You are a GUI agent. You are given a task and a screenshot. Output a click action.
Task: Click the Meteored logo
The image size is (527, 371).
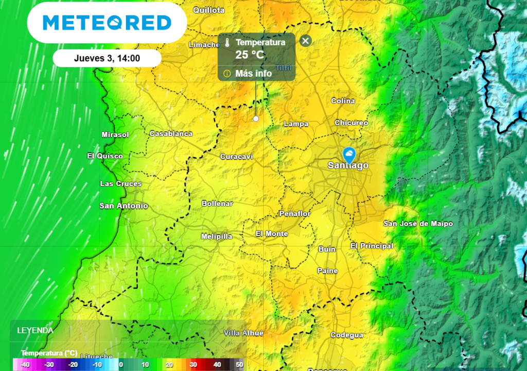click(107, 23)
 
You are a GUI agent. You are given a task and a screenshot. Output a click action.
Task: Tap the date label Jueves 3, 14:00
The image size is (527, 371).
click(107, 58)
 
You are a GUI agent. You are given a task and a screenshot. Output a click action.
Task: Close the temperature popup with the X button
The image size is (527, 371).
click(306, 41)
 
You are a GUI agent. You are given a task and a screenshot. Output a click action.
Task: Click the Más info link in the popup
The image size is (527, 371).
click(253, 73)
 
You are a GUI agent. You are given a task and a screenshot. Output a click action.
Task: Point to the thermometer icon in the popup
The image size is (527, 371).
click(227, 43)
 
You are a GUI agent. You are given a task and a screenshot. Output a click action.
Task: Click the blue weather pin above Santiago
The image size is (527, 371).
click(349, 154)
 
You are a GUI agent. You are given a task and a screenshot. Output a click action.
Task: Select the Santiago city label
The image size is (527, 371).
click(348, 165)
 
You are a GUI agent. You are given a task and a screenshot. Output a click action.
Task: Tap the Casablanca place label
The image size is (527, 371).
click(171, 133)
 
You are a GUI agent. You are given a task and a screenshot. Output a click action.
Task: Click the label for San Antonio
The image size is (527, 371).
click(124, 206)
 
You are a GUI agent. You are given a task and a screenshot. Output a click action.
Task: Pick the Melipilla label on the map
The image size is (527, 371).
click(216, 237)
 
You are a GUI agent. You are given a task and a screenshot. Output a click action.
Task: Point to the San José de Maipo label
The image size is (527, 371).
click(418, 223)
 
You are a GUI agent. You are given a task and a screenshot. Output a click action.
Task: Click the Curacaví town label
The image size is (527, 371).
click(237, 156)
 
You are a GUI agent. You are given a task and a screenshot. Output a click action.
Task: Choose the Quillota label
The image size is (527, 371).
click(208, 10)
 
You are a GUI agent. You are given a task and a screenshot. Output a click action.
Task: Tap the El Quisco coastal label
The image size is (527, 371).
click(105, 156)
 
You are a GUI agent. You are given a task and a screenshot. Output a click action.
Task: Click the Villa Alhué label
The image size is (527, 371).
click(243, 333)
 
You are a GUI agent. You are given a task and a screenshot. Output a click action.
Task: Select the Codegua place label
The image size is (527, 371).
click(347, 335)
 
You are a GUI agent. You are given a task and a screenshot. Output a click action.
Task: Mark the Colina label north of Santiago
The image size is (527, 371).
click(343, 100)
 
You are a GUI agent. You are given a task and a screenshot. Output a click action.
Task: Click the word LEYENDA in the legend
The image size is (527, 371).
click(35, 330)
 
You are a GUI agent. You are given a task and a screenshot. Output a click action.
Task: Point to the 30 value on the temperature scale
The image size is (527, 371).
click(193, 365)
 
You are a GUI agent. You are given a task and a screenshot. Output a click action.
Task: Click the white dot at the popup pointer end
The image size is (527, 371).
click(256, 119)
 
